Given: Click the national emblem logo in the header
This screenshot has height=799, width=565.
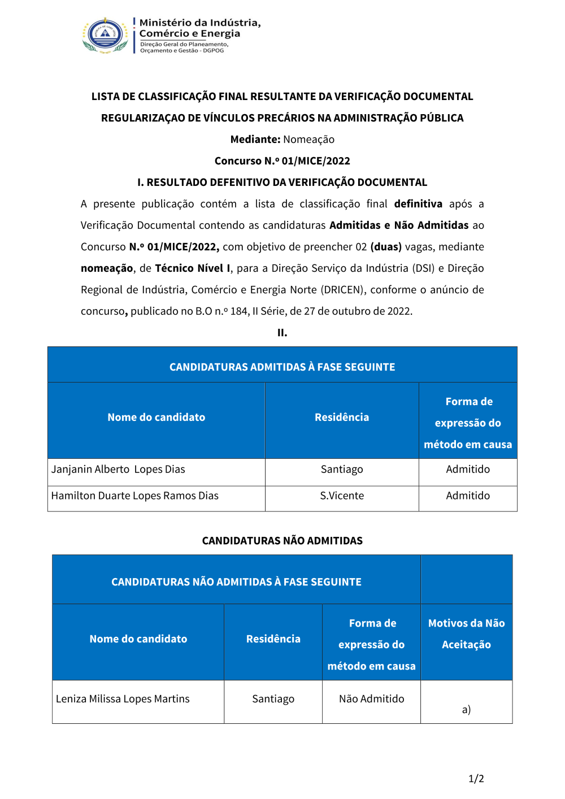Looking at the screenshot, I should point(106,35).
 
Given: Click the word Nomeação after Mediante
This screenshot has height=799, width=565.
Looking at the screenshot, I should point(308,140).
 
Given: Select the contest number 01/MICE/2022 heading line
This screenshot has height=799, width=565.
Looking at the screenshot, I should point(282,161).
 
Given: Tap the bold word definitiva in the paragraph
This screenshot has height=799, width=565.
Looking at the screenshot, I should point(418,204).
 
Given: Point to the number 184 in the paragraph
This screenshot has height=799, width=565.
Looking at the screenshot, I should point(239,311).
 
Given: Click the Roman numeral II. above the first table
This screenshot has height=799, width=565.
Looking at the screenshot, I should point(282,333).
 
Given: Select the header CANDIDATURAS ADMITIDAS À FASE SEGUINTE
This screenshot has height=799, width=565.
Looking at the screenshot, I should point(282,367).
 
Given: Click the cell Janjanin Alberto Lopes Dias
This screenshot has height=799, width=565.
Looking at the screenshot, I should point(118,470).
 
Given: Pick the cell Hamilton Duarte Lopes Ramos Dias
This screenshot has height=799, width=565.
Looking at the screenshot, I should point(134,496).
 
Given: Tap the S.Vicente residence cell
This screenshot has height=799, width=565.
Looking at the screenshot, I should point(342,496).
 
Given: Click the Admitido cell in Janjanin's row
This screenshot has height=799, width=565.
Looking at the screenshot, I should point(468,470).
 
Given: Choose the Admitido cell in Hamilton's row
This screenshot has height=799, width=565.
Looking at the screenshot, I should point(468,496).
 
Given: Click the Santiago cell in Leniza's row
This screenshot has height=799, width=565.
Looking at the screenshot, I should point(273,699).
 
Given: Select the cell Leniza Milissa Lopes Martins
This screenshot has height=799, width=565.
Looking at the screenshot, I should point(123,699).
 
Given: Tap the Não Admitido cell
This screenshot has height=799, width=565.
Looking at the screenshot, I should point(371,699).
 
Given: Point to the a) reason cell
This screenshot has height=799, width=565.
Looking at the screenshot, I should point(466,710).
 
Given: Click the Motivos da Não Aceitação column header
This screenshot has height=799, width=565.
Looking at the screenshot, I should point(466,634).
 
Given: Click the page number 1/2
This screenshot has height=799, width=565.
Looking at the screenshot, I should point(476,779).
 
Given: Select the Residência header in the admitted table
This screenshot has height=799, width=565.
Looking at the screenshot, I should point(342,418).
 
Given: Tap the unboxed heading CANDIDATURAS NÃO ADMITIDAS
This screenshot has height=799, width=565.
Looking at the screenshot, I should point(282,541).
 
